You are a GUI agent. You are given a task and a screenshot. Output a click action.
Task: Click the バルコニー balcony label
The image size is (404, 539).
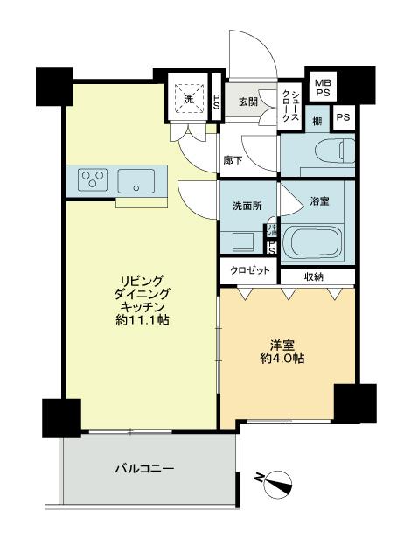click(x=144, y=469)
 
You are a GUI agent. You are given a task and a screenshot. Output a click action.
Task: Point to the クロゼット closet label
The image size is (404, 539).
click(x=249, y=271)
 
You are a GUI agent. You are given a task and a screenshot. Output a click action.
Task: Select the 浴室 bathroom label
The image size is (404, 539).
click(x=319, y=201)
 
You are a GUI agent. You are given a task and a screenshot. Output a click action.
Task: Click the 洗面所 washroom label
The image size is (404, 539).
click(x=247, y=206)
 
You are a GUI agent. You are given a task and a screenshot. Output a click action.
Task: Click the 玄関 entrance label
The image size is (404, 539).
click(x=247, y=101)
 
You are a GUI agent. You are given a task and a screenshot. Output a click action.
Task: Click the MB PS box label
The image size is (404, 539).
click(x=323, y=85)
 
